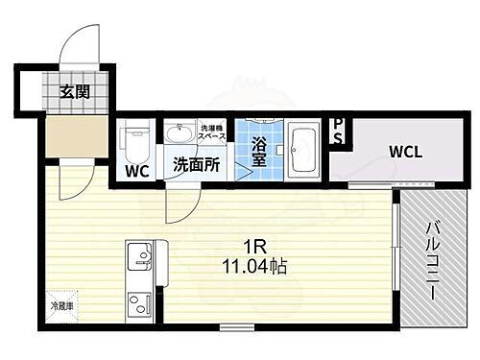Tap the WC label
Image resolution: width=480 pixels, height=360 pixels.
[137, 172]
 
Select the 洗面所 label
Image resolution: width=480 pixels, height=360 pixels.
[196, 164]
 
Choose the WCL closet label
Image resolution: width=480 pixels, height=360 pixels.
[406, 150]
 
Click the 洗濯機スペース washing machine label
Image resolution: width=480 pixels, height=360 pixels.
[211, 132]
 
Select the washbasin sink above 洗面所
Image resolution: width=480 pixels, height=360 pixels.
[179, 133]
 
